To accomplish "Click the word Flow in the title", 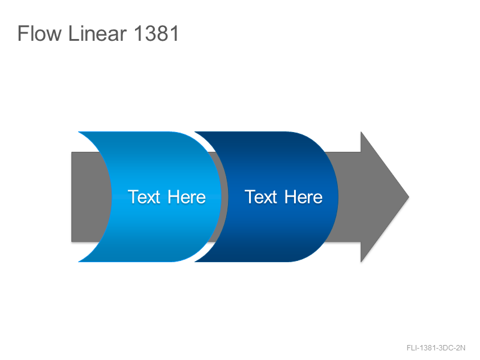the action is (x=40, y=33).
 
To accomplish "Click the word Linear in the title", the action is (x=97, y=33).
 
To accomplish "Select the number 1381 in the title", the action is (x=156, y=33).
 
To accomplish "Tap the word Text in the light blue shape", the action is (x=144, y=197).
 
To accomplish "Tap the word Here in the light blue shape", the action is (x=187, y=197).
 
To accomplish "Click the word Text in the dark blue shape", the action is (x=261, y=197).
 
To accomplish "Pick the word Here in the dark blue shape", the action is (x=304, y=197).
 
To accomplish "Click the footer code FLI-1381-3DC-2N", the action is (x=436, y=348).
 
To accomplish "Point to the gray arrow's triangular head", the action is (x=380, y=197).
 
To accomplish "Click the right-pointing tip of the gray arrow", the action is (x=409, y=197).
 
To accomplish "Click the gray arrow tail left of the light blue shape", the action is (x=89, y=197).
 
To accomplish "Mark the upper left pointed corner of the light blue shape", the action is (x=79, y=132).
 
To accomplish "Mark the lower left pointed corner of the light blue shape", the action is (x=79, y=262).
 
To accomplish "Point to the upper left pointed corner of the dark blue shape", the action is (x=195, y=132).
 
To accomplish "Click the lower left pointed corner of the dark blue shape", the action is (x=195, y=262).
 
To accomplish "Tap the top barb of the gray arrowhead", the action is (x=361, y=132).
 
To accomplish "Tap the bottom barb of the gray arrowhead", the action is (x=361, y=262).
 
